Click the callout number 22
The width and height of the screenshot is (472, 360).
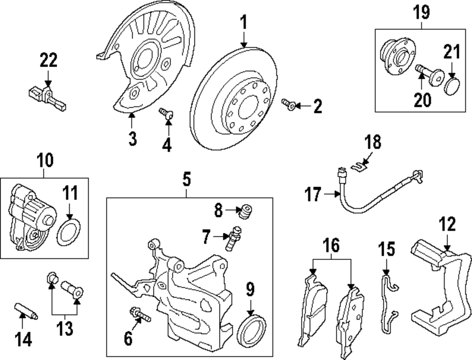(48, 60)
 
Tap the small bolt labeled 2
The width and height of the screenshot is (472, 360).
(288, 105)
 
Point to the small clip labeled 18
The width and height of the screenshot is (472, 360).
(361, 164)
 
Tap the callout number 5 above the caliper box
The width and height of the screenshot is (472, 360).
(186, 180)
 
